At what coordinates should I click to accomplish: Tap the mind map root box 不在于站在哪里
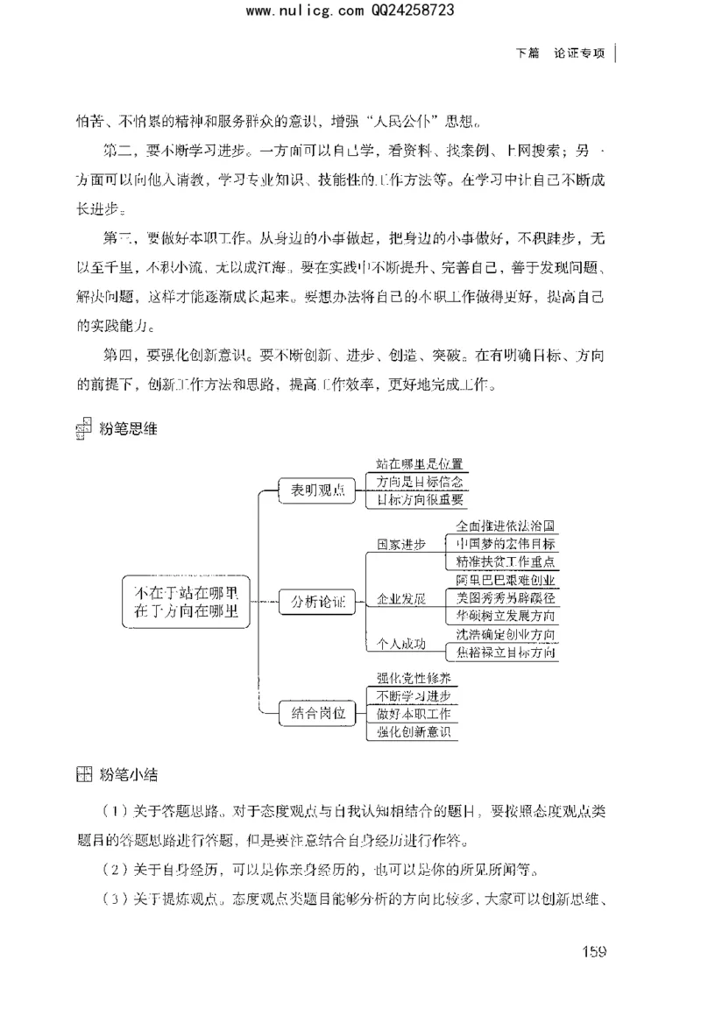pyautogui.click(x=186, y=600)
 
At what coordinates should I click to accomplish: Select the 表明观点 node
pyautogui.click(x=315, y=491)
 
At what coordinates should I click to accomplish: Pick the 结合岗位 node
pyautogui.click(x=315, y=713)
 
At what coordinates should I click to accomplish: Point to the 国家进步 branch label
pyautogui.click(x=400, y=544)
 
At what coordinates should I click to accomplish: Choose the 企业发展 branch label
pyautogui.click(x=400, y=600)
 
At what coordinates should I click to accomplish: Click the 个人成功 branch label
pyautogui.click(x=400, y=644)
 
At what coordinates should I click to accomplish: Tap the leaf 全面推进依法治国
pyautogui.click(x=506, y=526)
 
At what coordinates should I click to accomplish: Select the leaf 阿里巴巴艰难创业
pyautogui.click(x=506, y=580)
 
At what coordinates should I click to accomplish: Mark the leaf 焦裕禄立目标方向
pyautogui.click(x=506, y=653)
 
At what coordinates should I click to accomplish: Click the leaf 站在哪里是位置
pyautogui.click(x=419, y=464)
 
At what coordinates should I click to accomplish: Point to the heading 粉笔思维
pyautogui.click(x=129, y=430)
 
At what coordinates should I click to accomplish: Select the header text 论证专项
pyautogui.click(x=579, y=53)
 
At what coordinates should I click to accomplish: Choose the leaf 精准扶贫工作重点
pyautogui.click(x=506, y=561)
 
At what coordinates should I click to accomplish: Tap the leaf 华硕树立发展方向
pyautogui.click(x=506, y=616)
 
